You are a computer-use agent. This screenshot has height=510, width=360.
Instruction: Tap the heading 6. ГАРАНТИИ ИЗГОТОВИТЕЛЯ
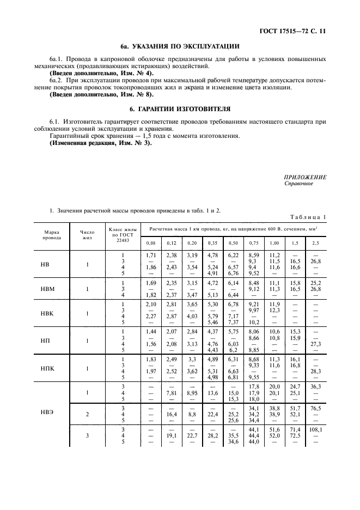tap(180, 108)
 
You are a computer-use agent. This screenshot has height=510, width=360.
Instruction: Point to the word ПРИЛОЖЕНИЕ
tap(306, 177)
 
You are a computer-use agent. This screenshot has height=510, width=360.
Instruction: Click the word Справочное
tap(299, 184)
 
